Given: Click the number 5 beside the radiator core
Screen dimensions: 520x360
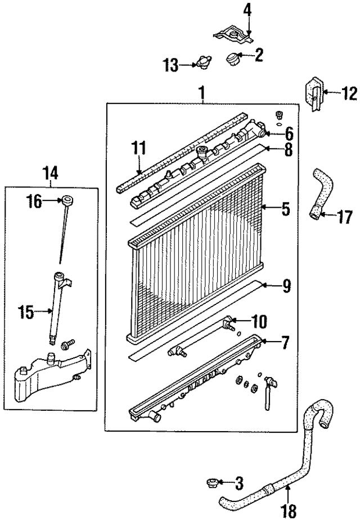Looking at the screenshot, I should pyautogui.click(x=286, y=209).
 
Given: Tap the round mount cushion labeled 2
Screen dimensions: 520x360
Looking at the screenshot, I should pyautogui.click(x=232, y=57).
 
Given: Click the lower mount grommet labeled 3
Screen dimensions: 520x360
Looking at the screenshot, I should pyautogui.click(x=214, y=482).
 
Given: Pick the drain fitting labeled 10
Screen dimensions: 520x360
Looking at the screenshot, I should pyautogui.click(x=228, y=323).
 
